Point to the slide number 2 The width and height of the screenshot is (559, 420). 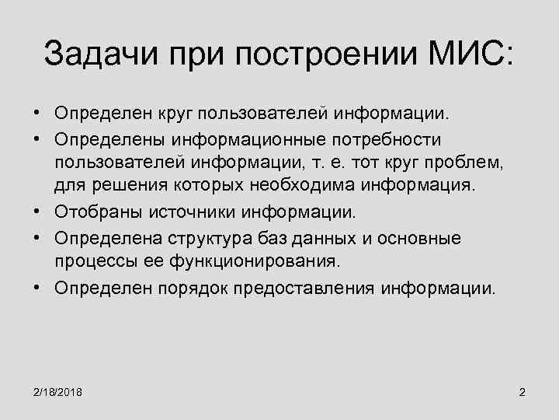(522, 391)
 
